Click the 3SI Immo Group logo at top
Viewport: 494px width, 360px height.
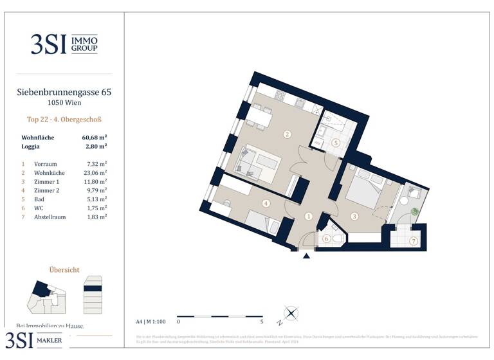click(x=64, y=44)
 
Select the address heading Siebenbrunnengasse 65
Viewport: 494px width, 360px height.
click(x=64, y=93)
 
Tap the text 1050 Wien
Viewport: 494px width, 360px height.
click(x=64, y=103)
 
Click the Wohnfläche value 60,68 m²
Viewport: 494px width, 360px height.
click(x=94, y=138)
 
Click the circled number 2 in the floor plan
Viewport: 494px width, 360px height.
click(x=288, y=134)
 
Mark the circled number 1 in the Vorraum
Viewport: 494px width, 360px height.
click(x=309, y=217)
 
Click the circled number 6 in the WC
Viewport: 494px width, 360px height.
click(x=326, y=239)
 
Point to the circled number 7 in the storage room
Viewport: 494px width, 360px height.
click(x=414, y=242)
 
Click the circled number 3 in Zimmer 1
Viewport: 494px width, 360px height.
click(x=354, y=217)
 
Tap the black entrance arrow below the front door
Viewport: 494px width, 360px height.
click(x=307, y=256)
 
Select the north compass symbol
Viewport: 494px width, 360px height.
click(x=291, y=314)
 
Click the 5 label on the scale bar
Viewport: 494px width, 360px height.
click(x=262, y=321)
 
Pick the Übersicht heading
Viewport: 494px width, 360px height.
click(x=64, y=270)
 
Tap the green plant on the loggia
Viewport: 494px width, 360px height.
click(x=415, y=211)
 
